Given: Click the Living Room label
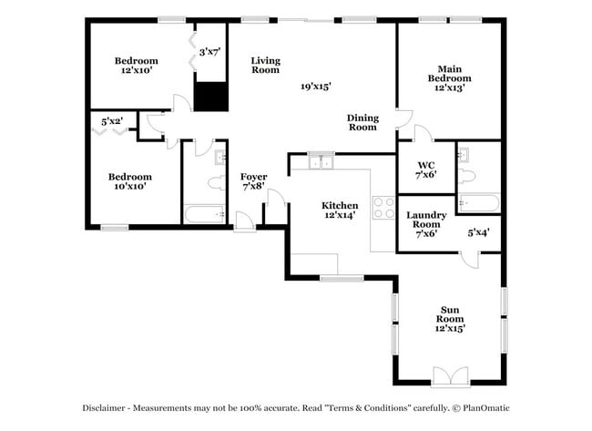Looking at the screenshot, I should [265, 65].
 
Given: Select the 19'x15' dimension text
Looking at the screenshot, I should [315, 87].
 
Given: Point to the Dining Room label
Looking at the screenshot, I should [362, 122].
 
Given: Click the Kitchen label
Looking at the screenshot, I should [339, 210].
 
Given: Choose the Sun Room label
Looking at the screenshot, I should [449, 319].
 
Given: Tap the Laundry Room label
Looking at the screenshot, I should [426, 224].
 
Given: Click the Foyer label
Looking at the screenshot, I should [253, 180].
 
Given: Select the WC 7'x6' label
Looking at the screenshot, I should [426, 169].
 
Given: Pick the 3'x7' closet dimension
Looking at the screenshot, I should [211, 52].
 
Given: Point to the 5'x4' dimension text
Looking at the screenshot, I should [479, 232].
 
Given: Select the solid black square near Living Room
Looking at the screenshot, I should [210, 96].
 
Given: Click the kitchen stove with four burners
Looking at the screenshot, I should [383, 206].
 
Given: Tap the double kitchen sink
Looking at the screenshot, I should [320, 162].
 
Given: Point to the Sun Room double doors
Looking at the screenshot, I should [449, 375].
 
